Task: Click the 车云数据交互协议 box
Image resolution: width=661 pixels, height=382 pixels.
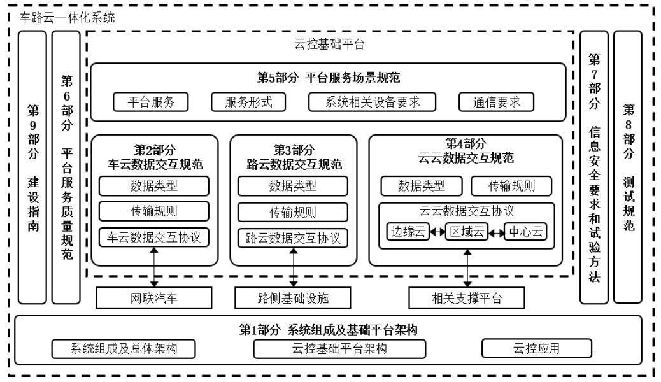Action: pos(154,237)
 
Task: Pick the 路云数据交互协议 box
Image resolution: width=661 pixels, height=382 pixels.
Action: pos(293,238)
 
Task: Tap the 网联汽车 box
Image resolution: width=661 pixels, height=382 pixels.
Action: pos(154,297)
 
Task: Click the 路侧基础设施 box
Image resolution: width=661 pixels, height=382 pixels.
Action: pos(293,297)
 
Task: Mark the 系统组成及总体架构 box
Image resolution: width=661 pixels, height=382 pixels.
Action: pos(124,348)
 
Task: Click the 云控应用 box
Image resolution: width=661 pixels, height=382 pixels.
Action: pos(537,348)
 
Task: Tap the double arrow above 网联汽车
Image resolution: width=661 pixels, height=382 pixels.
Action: pos(154,267)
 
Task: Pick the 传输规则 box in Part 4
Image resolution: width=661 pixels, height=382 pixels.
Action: pos(511,186)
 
